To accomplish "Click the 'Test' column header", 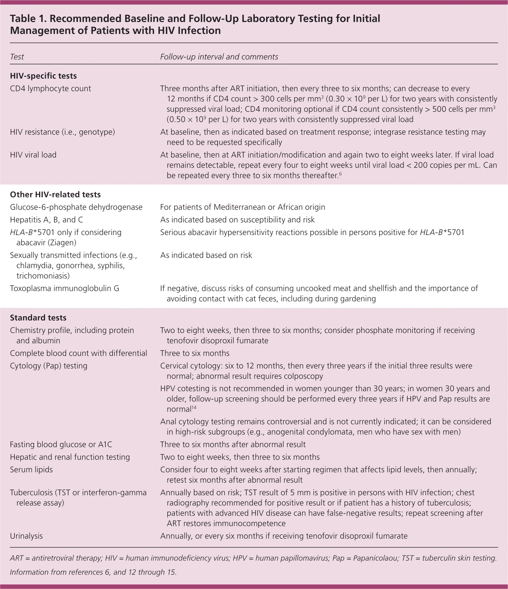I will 17,57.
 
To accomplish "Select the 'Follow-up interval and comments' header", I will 219,57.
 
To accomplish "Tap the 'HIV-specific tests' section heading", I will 43,76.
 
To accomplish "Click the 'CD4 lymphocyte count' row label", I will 50,88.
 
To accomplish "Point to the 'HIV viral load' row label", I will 33,155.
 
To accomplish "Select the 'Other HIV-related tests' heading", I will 55,194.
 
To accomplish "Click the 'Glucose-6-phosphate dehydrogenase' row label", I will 76,207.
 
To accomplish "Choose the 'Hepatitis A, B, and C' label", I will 46,219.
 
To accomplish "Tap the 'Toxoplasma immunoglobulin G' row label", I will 64,288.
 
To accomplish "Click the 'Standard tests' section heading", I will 38,318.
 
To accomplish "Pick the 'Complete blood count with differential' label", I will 78,353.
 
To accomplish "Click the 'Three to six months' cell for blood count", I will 195,353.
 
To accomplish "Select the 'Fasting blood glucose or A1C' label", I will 61,444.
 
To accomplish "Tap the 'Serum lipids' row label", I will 31,469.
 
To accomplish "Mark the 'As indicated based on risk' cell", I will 206,255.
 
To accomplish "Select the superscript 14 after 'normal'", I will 194,408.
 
